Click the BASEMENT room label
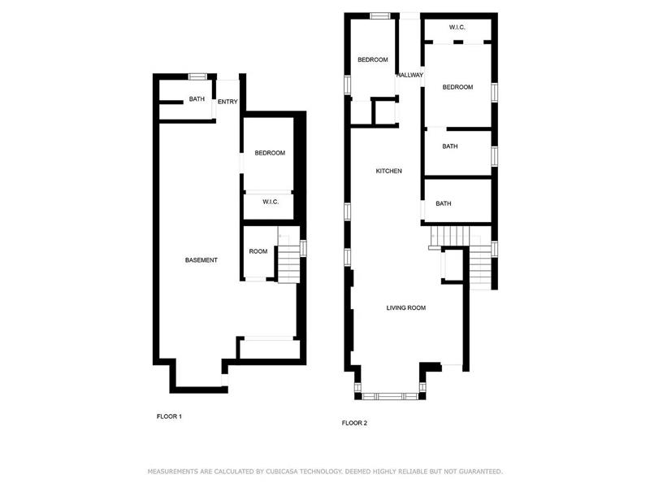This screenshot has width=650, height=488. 201,260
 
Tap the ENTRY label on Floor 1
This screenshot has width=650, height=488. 227,102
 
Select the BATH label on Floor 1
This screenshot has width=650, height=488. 197,99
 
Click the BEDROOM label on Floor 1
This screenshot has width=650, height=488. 270,153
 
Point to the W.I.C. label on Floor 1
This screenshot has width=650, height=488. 270,202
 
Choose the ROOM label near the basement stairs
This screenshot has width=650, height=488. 258,251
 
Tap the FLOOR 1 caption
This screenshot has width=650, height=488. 169,416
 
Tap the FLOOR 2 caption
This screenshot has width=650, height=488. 354,423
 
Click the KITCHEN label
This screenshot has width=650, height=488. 388,171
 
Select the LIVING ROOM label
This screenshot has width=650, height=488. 405,307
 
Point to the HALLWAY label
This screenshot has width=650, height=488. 409,76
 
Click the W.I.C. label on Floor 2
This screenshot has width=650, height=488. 457,28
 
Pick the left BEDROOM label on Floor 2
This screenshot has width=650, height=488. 373,59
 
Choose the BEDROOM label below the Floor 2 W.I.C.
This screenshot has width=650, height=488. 457,87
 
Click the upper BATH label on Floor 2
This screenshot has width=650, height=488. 449,146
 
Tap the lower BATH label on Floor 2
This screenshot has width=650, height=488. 444,203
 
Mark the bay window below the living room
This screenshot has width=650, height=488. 392,396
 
